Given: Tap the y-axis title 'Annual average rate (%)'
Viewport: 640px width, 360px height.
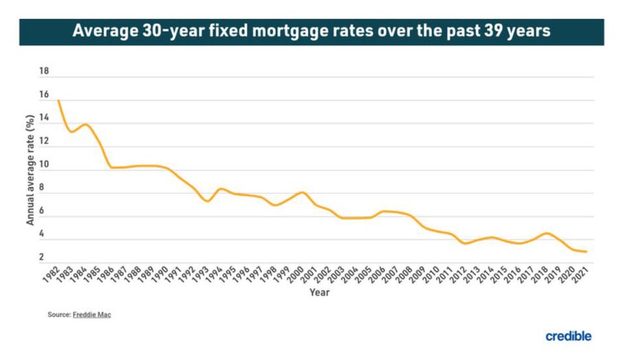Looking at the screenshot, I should point(30,170).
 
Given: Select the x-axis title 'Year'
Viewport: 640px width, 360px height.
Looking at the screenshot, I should point(319,293).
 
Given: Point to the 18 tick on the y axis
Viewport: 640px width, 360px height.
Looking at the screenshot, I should point(44,71).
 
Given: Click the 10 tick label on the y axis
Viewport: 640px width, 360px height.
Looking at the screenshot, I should point(44,165).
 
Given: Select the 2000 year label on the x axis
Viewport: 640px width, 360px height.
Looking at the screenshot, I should point(297,272).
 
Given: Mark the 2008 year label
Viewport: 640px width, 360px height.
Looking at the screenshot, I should point(405,272).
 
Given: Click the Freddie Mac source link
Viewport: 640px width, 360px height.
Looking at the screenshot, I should point(92,314).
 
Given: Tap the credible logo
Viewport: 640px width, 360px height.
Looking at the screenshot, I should point(569,336).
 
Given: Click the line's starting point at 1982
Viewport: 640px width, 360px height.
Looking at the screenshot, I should point(58,101).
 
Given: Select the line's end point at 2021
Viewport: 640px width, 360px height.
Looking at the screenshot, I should point(586,252).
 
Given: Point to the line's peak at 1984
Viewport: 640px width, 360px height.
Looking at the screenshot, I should point(85,124).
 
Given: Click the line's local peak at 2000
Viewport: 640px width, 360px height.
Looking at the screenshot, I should point(301,192).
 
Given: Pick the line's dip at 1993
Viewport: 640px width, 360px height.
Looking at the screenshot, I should point(207,201).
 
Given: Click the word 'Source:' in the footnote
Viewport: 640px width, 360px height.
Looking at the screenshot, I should point(59,314).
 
